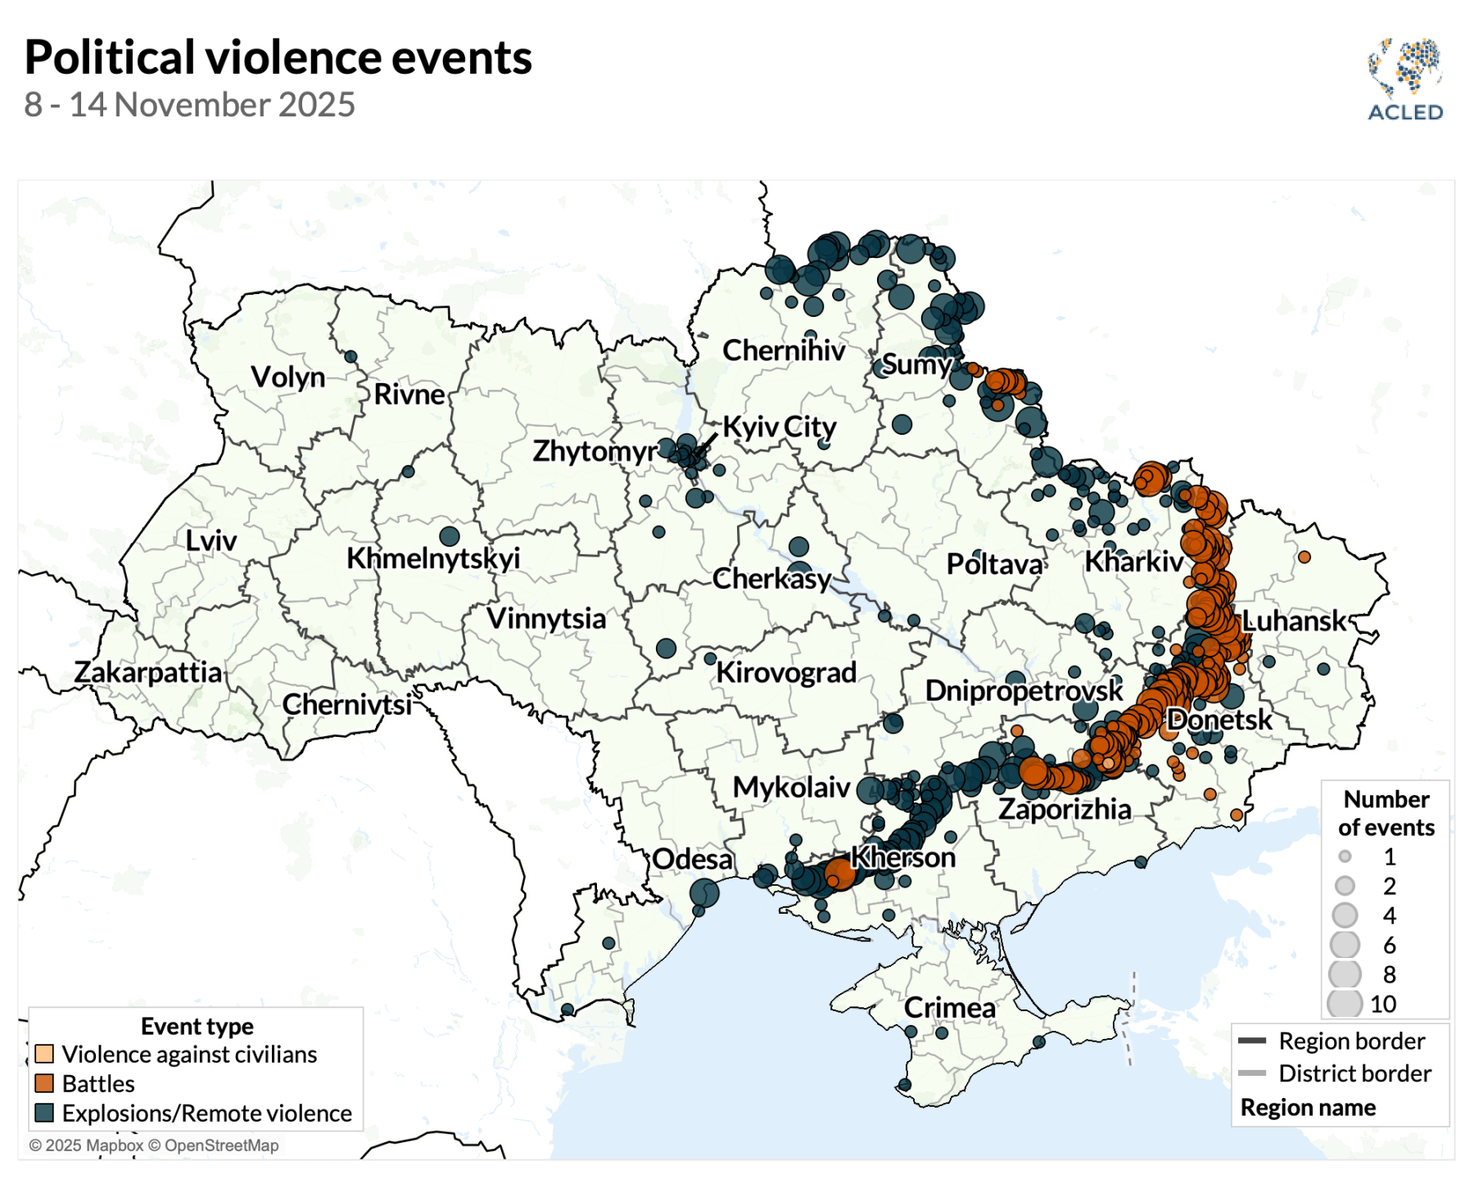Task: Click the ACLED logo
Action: click(x=1405, y=79)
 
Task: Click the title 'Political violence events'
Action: click(x=278, y=57)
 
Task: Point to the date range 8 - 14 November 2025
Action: click(x=189, y=105)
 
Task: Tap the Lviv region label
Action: click(x=210, y=540)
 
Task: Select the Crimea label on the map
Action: click(x=949, y=1008)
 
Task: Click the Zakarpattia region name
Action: click(x=148, y=672)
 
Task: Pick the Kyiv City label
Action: click(x=779, y=427)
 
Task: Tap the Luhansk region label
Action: click(x=1293, y=621)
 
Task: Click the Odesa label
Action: click(x=692, y=859)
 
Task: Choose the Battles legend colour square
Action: click(x=44, y=1083)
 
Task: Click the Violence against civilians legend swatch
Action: click(x=44, y=1054)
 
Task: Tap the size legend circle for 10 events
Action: click(x=1345, y=1004)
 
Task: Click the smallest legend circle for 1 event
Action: click(x=1345, y=857)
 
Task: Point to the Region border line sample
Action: click(x=1252, y=1041)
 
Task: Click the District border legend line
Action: click(x=1252, y=1073)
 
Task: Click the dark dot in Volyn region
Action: click(x=350, y=357)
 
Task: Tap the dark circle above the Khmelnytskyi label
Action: click(x=449, y=536)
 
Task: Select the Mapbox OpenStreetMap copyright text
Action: click(x=154, y=1145)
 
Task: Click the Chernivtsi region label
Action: click(x=346, y=704)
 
